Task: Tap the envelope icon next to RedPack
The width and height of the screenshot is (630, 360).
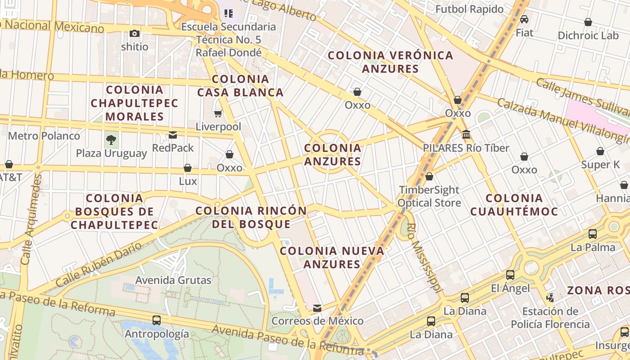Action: coord(172,135)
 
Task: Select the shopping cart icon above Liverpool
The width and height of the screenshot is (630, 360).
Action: coord(218,113)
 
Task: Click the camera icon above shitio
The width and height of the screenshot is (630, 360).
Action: coord(134,33)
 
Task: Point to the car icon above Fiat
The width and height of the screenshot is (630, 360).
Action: coord(524,19)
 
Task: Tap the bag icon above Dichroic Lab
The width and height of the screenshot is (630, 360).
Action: coord(588,22)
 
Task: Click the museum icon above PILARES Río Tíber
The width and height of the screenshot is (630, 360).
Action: coord(466,135)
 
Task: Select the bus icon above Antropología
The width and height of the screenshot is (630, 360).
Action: coord(157,320)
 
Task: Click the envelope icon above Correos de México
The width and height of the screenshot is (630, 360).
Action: coord(317,308)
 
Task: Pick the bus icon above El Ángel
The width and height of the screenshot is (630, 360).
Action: coord(510,274)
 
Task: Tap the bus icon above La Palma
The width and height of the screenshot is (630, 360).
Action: coord(593,234)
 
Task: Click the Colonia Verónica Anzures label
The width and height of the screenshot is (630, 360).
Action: coord(391,62)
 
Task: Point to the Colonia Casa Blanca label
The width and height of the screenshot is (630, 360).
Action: coord(240,86)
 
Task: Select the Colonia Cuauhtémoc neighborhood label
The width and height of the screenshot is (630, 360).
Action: coord(514,205)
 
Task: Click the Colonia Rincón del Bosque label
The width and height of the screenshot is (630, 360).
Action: coord(251,217)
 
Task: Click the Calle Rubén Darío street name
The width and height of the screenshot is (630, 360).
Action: coord(99,265)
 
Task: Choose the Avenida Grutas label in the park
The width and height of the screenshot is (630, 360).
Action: coord(173,280)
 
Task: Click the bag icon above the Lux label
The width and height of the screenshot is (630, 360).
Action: coord(188,168)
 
